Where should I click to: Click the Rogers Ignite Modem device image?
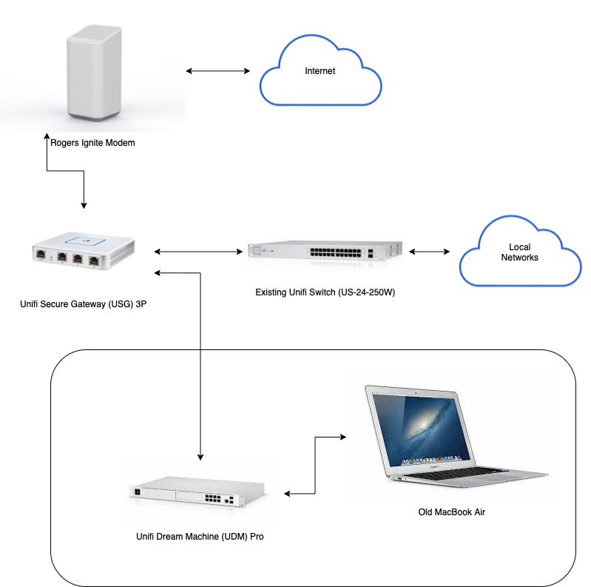click(x=94, y=73)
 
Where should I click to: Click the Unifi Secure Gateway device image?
click(x=84, y=251)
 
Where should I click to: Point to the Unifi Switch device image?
click(x=325, y=251)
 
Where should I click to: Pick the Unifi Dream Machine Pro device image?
click(x=197, y=491)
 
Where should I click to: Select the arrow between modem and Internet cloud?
click(x=218, y=71)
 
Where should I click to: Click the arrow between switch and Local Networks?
click(x=429, y=252)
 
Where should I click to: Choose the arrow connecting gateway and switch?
click(x=198, y=252)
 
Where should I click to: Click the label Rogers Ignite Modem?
click(x=92, y=143)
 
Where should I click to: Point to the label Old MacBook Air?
click(x=451, y=512)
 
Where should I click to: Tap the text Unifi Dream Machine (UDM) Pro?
click(x=200, y=537)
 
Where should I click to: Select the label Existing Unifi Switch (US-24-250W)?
click(x=325, y=292)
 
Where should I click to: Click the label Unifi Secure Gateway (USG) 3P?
click(x=84, y=304)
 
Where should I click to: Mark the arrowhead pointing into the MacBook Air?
click(x=343, y=437)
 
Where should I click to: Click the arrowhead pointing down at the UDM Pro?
click(x=200, y=457)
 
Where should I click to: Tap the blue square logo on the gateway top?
click(x=85, y=241)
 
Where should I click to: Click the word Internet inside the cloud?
click(x=320, y=71)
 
